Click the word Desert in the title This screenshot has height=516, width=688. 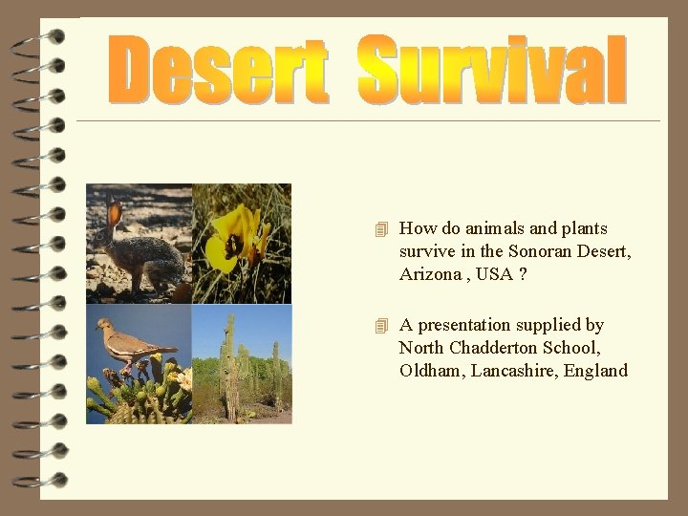(219, 70)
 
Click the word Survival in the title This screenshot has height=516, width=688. (492, 70)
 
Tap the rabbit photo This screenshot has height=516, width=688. (139, 244)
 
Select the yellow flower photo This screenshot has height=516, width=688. (242, 244)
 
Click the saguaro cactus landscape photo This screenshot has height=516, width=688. (242, 364)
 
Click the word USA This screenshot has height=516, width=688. (494, 274)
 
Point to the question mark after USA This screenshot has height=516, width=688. (524, 274)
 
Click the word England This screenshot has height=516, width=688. (597, 371)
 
